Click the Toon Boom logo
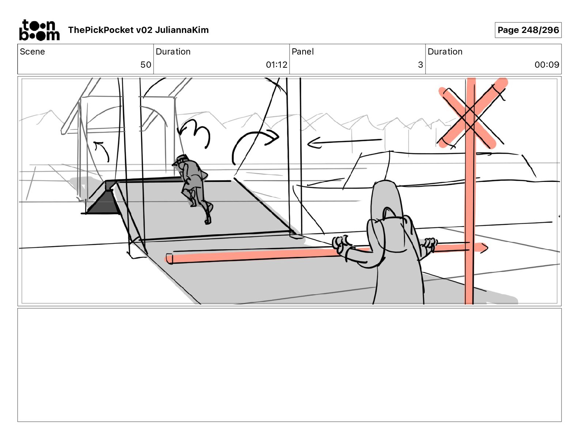[x=39, y=30]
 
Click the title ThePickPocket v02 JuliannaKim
[x=138, y=30]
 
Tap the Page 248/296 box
[x=528, y=30]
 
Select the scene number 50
[x=146, y=64]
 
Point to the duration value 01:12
[x=276, y=64]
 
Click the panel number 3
[x=420, y=64]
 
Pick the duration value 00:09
[x=547, y=64]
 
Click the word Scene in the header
[x=32, y=52]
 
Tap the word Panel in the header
[x=303, y=52]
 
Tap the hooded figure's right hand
[x=429, y=244]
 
